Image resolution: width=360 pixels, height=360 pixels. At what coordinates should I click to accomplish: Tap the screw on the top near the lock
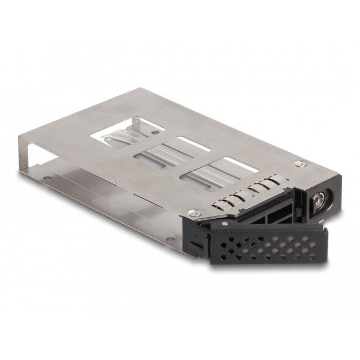[300, 164]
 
